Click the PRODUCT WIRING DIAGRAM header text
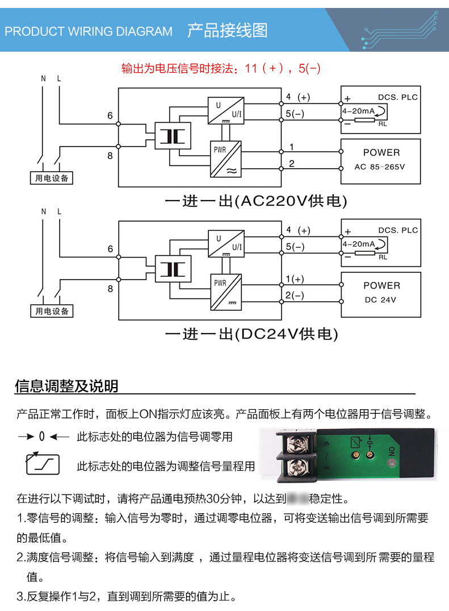[x=89, y=31]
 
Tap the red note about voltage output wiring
[x=221, y=69]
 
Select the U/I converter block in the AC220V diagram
[x=226, y=111]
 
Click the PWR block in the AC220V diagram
[x=226, y=159]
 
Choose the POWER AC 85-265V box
[x=380, y=161]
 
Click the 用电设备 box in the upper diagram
[x=52, y=178]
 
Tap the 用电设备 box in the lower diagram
[x=52, y=311]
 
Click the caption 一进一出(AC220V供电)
[x=255, y=201]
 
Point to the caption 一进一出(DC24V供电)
[x=251, y=334]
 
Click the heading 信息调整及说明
[x=66, y=386]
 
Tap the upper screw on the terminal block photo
[x=297, y=442]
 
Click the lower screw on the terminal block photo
[x=297, y=469]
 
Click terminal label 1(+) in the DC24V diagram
[x=295, y=279]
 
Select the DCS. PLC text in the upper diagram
[x=397, y=97]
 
